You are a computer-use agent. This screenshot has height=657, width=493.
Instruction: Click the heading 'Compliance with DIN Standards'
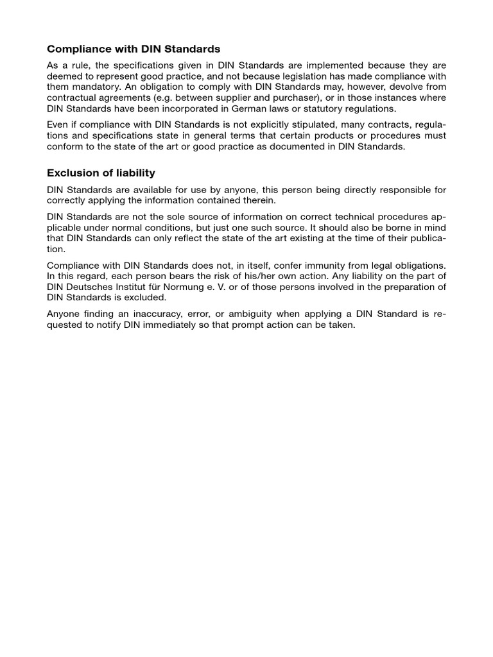(x=134, y=49)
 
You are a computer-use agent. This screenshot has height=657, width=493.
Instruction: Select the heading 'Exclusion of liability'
(x=101, y=173)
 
